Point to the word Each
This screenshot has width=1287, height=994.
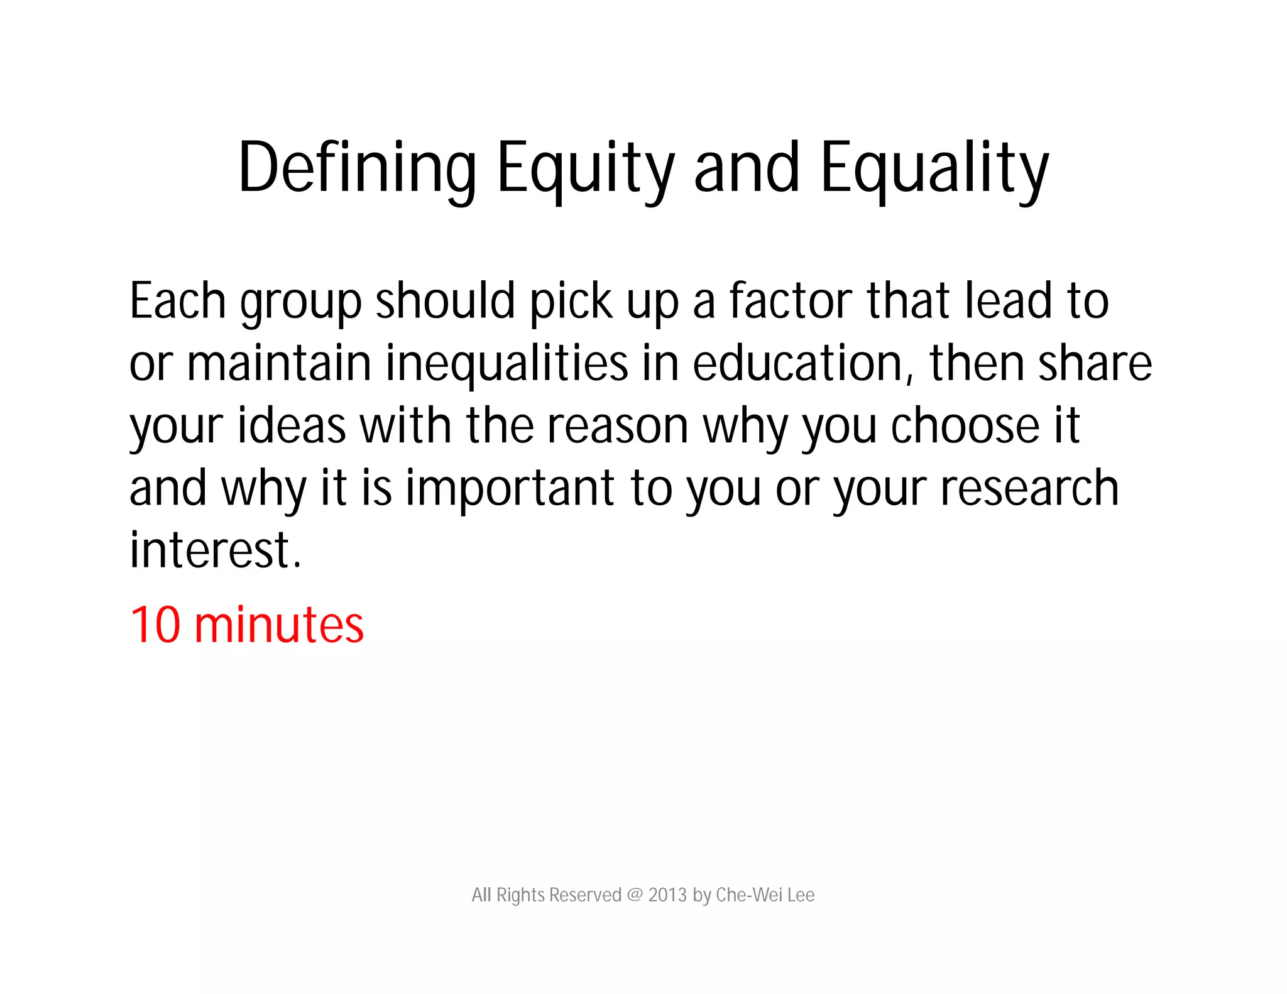coord(177,301)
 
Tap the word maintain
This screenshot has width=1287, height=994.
coord(279,364)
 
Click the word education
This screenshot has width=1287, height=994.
coord(797,364)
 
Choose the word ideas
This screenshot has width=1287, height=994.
coord(292,426)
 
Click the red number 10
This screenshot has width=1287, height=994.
coord(155,625)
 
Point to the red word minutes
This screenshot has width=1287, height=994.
coord(279,625)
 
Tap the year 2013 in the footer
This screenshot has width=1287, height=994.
coord(667,895)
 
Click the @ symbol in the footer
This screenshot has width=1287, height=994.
coord(634,895)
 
